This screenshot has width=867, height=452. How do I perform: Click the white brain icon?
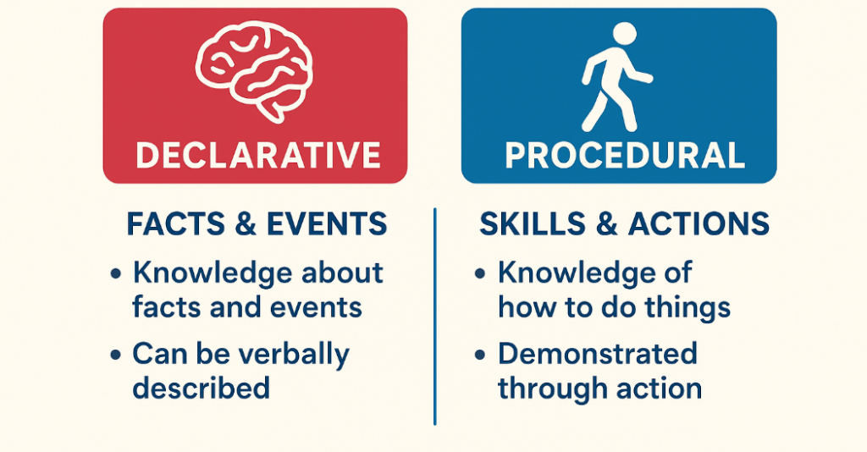(x=253, y=69)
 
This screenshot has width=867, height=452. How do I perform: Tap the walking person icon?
(x=616, y=78)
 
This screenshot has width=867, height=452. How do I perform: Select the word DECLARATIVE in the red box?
(x=257, y=155)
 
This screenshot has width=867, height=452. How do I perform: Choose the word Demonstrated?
(x=597, y=353)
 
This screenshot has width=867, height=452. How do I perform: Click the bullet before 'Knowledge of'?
(x=480, y=274)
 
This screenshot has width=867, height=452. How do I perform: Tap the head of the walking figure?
(x=624, y=34)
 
